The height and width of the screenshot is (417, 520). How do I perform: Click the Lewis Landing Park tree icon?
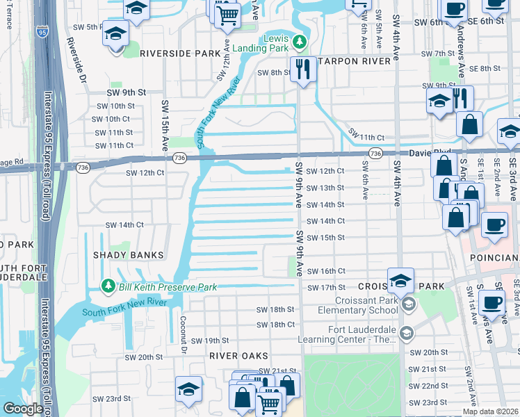[300, 42]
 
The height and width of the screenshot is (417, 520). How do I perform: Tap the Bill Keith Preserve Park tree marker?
[108, 286]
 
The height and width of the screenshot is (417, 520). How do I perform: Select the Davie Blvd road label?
[429, 152]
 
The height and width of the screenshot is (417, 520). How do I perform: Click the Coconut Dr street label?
[184, 335]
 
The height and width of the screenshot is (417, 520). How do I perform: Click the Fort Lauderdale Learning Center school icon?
[405, 334]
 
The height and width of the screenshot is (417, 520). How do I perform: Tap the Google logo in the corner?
[23, 409]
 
